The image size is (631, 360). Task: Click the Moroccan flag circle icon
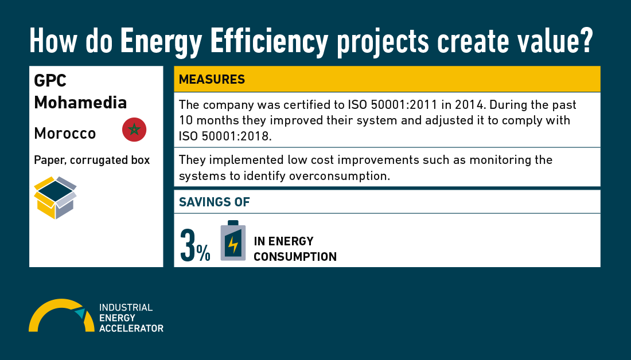(x=134, y=130)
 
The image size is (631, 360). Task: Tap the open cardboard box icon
(x=55, y=198)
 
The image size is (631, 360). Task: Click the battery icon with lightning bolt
(x=233, y=241)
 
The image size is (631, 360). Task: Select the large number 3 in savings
(x=188, y=245)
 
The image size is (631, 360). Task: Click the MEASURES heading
(x=212, y=79)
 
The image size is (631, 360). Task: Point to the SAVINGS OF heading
(x=214, y=202)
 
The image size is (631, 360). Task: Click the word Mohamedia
(x=80, y=103)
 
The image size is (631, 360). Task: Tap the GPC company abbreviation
(x=50, y=81)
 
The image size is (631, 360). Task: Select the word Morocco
(x=65, y=133)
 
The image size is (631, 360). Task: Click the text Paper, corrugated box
(x=92, y=160)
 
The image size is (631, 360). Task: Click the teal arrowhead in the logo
(x=80, y=313)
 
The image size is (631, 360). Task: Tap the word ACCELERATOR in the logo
(x=131, y=328)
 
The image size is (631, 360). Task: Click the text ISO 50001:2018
(x=225, y=136)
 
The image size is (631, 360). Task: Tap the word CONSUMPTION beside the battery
(x=295, y=257)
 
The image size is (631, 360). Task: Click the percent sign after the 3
(x=203, y=253)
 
